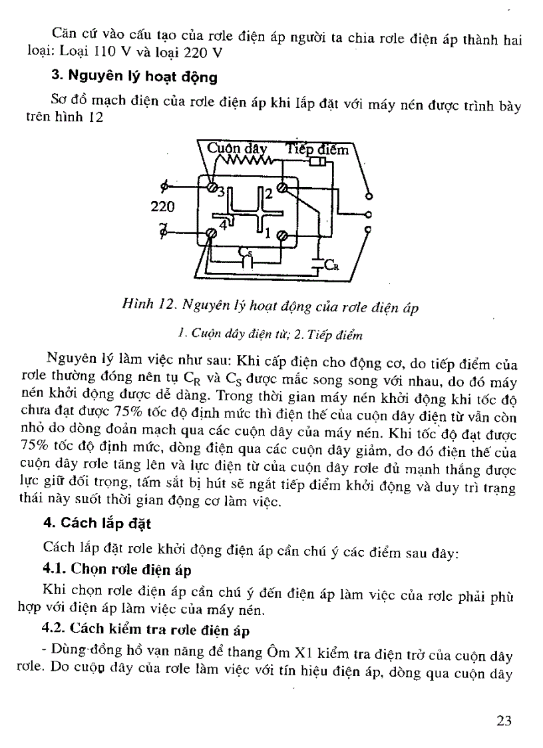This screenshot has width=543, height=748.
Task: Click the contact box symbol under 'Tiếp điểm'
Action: pyautogui.click(x=317, y=161)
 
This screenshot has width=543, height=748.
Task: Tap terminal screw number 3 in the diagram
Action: pyautogui.click(x=213, y=189)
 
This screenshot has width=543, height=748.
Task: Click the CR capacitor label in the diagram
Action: pyautogui.click(x=332, y=266)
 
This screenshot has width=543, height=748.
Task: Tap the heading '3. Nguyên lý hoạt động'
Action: pyautogui.click(x=134, y=77)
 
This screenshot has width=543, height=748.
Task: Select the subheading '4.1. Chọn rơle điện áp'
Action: pyautogui.click(x=116, y=570)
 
